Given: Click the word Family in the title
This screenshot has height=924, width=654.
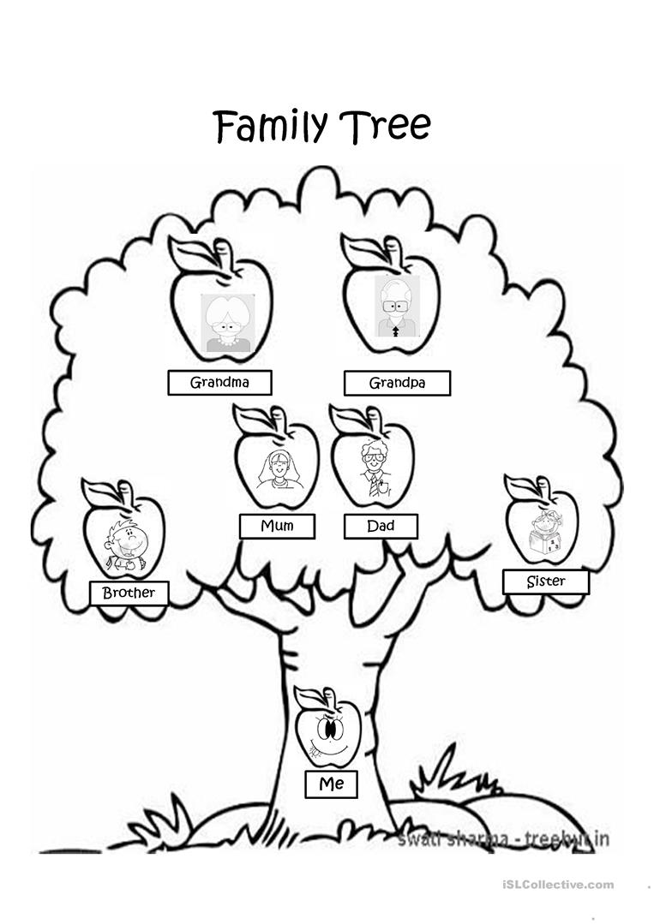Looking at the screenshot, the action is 270,127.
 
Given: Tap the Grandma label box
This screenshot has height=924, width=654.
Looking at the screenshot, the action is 219,383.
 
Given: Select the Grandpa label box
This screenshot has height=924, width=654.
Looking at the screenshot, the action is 396,383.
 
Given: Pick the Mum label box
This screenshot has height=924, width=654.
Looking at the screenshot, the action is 277,526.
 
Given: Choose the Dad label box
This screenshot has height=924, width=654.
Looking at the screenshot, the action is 381,526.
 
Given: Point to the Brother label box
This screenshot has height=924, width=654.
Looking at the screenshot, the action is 129,593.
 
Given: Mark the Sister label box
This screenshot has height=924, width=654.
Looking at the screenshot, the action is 545,582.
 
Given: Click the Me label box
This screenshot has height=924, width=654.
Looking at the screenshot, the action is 331,784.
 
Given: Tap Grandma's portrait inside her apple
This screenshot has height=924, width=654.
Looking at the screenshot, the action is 226,324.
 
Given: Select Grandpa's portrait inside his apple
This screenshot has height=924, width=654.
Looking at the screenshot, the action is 396,307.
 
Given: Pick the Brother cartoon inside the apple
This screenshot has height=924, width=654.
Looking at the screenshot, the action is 124,543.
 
